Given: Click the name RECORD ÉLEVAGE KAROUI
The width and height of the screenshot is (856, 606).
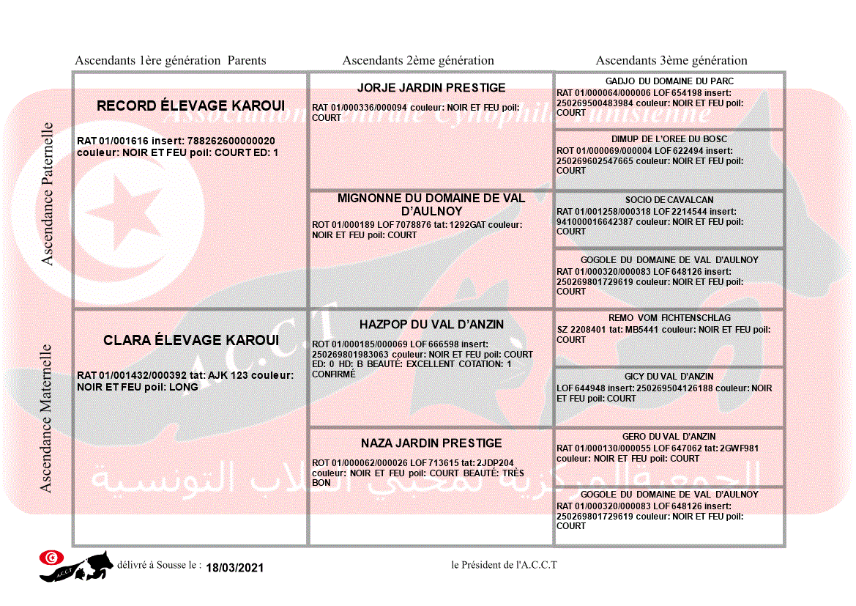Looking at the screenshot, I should (x=190, y=106).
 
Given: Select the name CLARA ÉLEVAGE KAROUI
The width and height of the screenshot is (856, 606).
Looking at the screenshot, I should (x=191, y=341).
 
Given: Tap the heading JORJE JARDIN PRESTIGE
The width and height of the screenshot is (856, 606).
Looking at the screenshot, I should (x=431, y=88).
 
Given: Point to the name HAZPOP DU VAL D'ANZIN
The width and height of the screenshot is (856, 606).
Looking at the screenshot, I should (x=431, y=325).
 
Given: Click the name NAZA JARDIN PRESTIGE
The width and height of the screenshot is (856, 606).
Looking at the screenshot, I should (x=431, y=443).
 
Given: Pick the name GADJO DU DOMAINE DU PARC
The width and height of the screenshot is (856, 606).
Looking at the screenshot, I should (x=669, y=81).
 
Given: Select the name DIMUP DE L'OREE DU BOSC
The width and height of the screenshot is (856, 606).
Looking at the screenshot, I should (x=669, y=139).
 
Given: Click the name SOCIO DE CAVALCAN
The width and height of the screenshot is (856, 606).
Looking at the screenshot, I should (x=669, y=200).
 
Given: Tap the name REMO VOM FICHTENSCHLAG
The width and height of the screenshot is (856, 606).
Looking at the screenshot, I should (x=669, y=319).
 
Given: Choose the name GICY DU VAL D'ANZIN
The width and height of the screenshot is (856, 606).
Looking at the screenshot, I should (x=669, y=377).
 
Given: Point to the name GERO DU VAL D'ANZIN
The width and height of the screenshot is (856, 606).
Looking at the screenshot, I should (x=669, y=437).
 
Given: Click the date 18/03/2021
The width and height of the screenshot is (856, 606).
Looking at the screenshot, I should (x=234, y=568).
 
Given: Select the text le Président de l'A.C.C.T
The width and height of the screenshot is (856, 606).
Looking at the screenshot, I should (x=505, y=565).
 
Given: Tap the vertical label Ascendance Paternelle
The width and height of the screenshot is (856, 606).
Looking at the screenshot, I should (x=48, y=194).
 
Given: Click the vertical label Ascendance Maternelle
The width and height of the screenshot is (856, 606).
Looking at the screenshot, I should (x=46, y=418).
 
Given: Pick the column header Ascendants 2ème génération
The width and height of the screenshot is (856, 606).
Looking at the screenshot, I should (x=418, y=61).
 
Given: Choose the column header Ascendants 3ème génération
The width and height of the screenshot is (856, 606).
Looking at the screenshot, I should (x=671, y=61).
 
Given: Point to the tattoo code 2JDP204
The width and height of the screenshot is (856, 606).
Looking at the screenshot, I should (x=496, y=463).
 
